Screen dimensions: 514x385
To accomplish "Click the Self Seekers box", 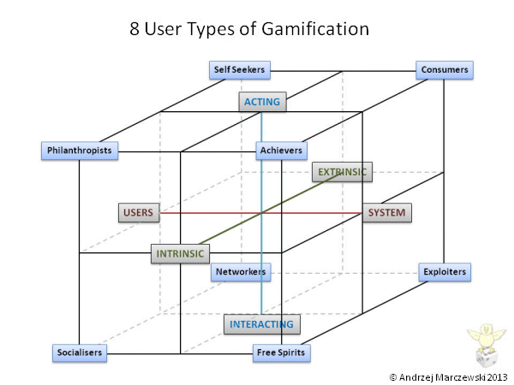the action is tap(240, 70).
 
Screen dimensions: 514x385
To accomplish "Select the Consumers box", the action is tap(445, 70).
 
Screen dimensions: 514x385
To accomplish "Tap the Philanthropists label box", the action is tap(78, 151).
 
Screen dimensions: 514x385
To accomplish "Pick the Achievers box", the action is tap(281, 151).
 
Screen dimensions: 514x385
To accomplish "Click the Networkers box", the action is tap(241, 272).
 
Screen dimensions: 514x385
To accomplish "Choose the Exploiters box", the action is tap(445, 272).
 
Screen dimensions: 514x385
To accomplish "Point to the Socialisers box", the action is tap(78, 352).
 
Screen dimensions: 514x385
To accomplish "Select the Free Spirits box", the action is tap(281, 352).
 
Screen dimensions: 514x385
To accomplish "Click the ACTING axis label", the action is tap(261, 103).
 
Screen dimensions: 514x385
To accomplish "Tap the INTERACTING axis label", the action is tap(261, 324).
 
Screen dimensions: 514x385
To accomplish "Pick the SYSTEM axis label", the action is tap(384, 212).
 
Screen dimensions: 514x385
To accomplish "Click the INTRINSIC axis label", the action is tap(180, 254).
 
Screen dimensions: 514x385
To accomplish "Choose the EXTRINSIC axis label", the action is tap(342, 173).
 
